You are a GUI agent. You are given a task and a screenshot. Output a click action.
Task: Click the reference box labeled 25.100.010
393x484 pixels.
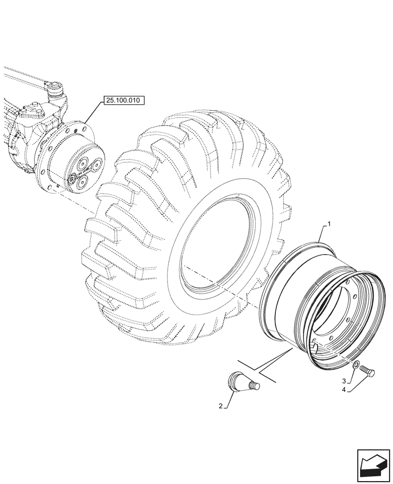(x=124, y=101)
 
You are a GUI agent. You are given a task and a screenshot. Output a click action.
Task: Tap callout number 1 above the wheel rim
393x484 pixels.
(x=330, y=224)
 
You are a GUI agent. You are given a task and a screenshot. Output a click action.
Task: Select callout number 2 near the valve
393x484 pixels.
(x=220, y=407)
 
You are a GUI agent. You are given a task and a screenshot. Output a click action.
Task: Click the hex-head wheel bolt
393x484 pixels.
(x=371, y=371)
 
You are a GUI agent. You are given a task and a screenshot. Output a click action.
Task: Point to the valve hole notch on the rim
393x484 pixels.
(x=314, y=346)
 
